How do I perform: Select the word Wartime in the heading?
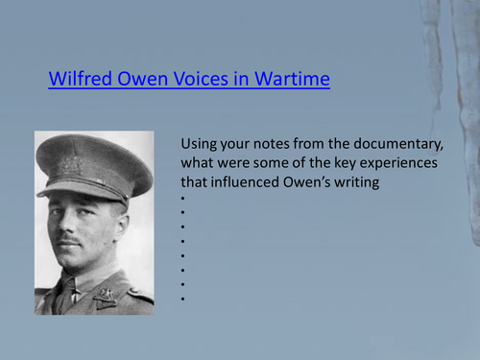292,80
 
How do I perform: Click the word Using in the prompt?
200,144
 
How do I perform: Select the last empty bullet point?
182,300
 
